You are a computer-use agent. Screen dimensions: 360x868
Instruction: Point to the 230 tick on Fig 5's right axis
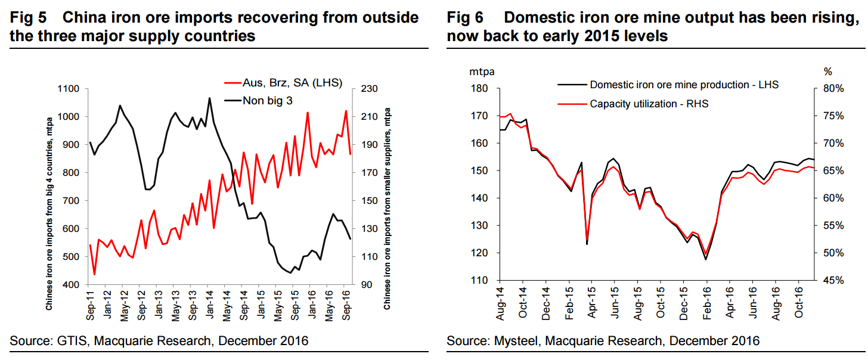(x=361, y=89)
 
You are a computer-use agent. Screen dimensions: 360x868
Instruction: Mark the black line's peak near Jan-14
(x=209, y=98)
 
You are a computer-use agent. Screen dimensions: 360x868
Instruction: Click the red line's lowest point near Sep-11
(x=94, y=274)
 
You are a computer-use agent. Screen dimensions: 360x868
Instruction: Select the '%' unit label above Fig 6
(x=827, y=72)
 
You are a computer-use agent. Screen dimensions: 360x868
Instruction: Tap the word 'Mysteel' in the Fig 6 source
(x=511, y=341)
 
